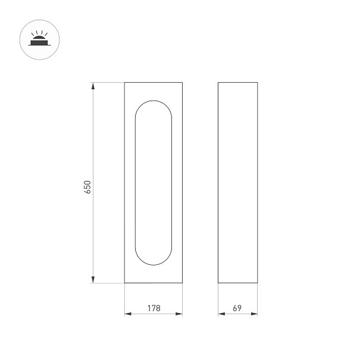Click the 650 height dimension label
click(x=87, y=187)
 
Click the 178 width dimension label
click(x=154, y=308)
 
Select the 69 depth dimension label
click(x=237, y=308)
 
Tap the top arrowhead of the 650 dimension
click(x=93, y=86)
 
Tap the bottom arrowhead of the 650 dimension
click(x=93, y=280)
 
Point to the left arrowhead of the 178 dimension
click(x=128, y=314)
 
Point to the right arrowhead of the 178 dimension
click(x=179, y=314)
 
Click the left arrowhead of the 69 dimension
click(x=221, y=314)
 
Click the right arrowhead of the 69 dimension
click(x=254, y=314)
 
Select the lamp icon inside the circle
click(x=39, y=38)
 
